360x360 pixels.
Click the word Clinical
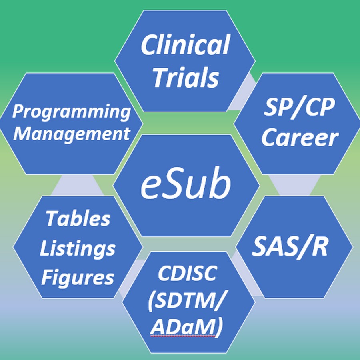[185, 44]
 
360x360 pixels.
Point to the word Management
[72, 133]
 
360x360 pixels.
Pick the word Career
[300, 137]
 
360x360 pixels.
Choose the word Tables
[78, 218]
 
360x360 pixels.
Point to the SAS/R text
[290, 247]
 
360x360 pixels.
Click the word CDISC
[187, 273]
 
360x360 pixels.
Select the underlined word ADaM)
[186, 327]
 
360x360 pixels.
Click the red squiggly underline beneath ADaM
[183, 336]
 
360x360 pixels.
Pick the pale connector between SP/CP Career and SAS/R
[294, 185]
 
